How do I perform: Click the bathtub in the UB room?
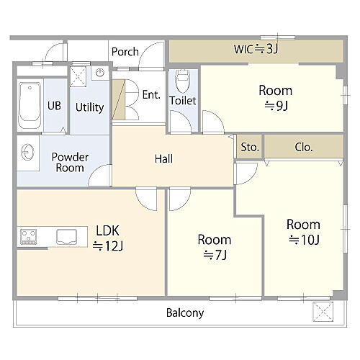(30, 105)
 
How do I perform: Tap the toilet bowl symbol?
(183, 81)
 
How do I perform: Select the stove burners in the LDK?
(28, 237)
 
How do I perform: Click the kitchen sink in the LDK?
(66, 237)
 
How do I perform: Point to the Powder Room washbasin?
(27, 153)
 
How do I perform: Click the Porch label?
(125, 52)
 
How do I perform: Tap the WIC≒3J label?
(256, 49)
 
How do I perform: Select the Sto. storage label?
(250, 147)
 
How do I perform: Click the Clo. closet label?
(304, 147)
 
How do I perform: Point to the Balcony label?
(185, 313)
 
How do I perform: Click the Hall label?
(163, 159)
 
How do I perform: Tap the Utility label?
(89, 107)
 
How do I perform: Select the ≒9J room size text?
(276, 106)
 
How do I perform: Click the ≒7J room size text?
(215, 255)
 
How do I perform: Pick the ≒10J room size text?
(304, 240)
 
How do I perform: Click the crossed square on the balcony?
(323, 312)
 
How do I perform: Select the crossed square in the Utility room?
(78, 76)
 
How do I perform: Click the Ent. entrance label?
(151, 95)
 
